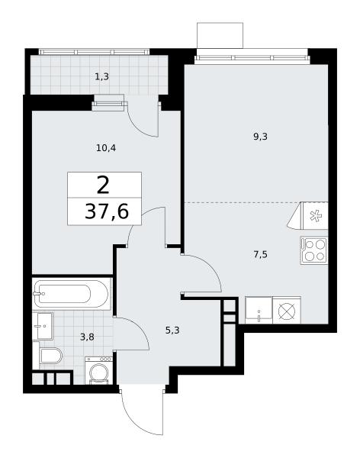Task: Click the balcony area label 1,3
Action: (101, 76)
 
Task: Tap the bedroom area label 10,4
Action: (106, 148)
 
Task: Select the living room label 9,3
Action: (260, 137)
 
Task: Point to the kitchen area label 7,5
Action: (260, 254)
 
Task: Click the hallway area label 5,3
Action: (172, 331)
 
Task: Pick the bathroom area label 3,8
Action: (87, 337)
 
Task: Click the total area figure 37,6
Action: (107, 211)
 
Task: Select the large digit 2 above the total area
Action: (103, 185)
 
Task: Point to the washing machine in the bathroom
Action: (98, 370)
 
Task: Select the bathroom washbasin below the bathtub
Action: (43, 326)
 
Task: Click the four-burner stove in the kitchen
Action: (314, 250)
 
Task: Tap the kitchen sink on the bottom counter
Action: (259, 310)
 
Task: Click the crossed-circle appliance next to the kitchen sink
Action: (287, 310)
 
